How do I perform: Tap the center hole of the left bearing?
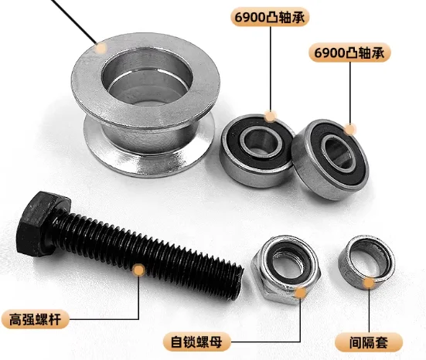click(257, 143)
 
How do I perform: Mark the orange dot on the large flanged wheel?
click(101, 47)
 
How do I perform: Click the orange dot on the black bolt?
click(139, 270)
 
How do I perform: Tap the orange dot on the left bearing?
click(269, 117)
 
